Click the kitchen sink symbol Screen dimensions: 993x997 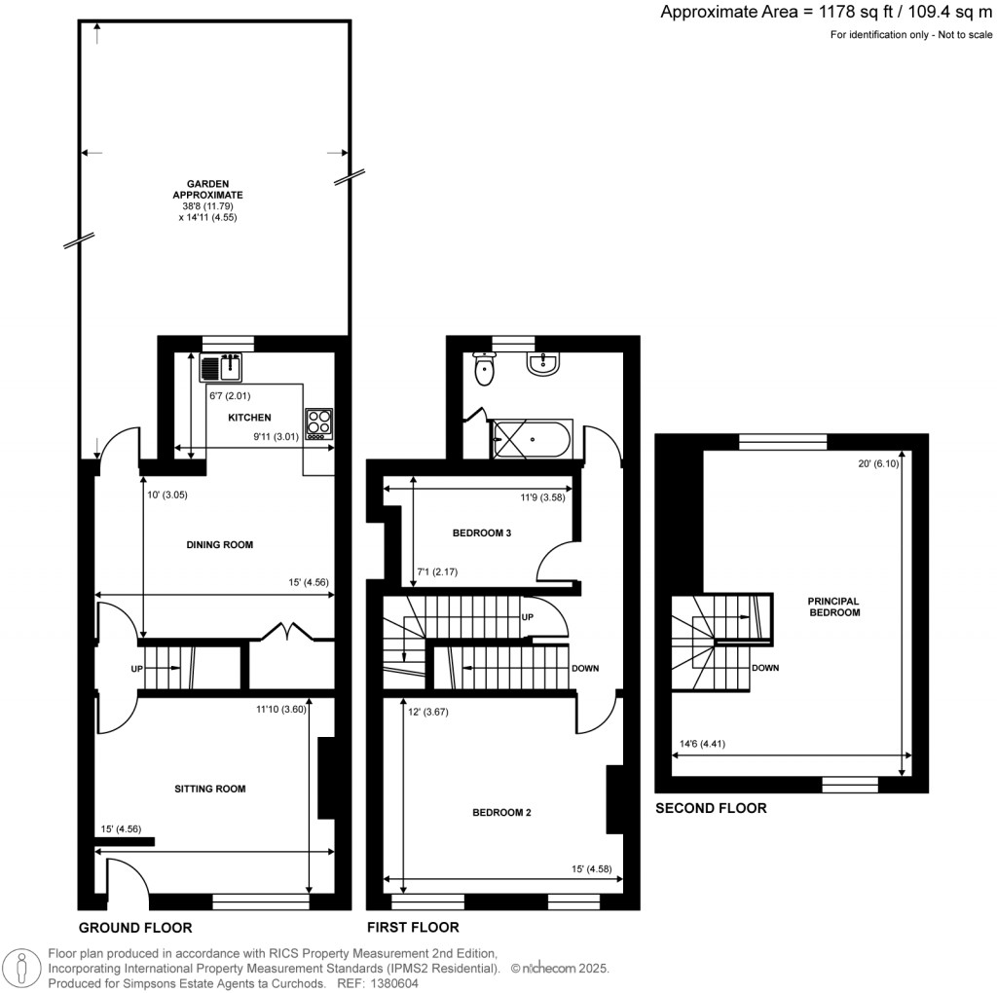click(221, 368)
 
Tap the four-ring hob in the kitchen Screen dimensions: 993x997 click(318, 424)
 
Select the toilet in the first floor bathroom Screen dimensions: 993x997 click(484, 369)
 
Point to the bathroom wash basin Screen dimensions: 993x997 click(543, 363)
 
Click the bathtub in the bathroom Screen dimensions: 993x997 click(532, 440)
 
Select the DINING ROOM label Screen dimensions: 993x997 click(220, 545)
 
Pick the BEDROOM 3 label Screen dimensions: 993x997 click(482, 533)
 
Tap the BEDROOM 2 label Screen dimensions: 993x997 click(501, 812)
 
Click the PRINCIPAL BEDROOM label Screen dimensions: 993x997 click(833, 607)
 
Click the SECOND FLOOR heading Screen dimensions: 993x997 click(711, 808)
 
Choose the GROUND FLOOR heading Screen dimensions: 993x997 click(135, 928)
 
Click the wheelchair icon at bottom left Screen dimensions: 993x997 click(21, 967)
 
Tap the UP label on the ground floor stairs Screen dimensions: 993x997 click(136, 669)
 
